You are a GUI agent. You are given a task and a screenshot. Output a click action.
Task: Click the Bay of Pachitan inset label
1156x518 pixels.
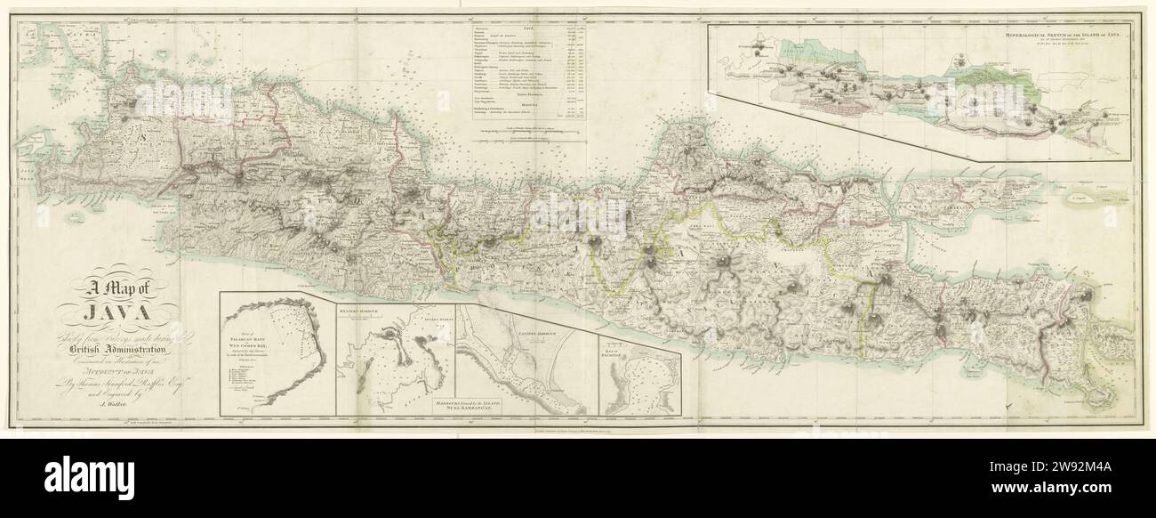(626, 352)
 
